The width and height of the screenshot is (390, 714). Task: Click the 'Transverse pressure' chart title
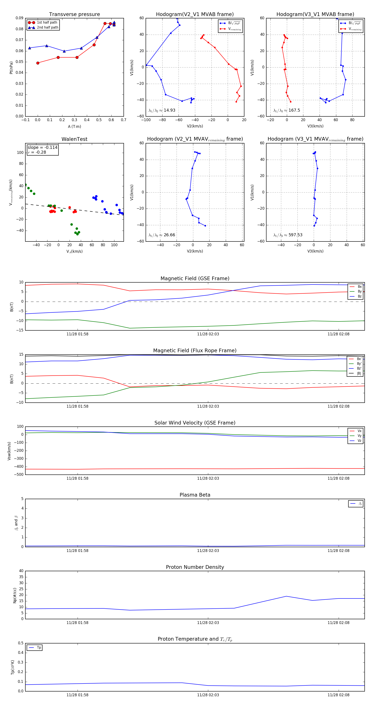[x=74, y=14]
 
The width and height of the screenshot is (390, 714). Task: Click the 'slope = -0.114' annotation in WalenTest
[x=42, y=148]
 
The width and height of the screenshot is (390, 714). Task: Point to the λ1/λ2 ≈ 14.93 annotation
[x=162, y=110]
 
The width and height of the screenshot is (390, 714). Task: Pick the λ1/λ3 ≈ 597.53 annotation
[x=288, y=235]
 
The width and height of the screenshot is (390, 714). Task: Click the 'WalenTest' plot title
[x=74, y=139]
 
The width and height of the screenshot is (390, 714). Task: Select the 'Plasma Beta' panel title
[x=195, y=495]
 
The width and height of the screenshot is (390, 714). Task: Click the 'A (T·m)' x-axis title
[x=74, y=126]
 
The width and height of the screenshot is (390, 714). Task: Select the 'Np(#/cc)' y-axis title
[x=15, y=595]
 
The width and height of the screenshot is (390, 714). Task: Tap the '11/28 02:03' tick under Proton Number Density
[x=208, y=622]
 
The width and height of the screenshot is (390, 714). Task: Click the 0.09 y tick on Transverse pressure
[x=19, y=18]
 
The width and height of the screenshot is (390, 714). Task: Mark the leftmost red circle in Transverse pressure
[x=38, y=63]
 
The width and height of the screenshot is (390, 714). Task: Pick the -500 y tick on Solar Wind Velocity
[x=19, y=474]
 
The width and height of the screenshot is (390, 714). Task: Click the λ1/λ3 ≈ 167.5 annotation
[x=287, y=110]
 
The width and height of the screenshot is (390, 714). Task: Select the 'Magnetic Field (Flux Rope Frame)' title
[x=195, y=351]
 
